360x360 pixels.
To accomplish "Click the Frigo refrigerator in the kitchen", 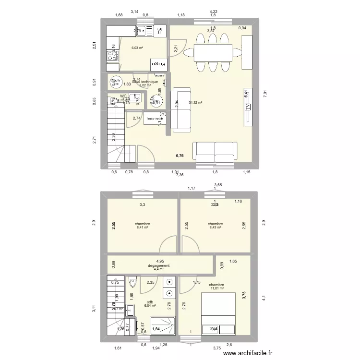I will pyautogui.click(x=158, y=63).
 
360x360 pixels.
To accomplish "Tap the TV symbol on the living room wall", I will pyautogui.click(x=248, y=108).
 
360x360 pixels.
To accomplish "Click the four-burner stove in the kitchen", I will pyautogui.click(x=113, y=55).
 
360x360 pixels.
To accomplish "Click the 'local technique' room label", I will pyautogui.click(x=145, y=82).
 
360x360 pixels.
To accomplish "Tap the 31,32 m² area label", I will pyautogui.click(x=195, y=103).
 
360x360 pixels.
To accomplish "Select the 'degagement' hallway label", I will pyautogui.click(x=159, y=265).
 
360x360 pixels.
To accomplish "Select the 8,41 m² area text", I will pyautogui.click(x=142, y=228).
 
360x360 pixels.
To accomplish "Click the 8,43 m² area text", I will pyautogui.click(x=215, y=228).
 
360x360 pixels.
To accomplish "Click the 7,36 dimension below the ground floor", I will pyautogui.click(x=180, y=175).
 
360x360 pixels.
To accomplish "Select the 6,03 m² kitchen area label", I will pyautogui.click(x=137, y=48).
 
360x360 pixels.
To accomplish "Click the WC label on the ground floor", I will pyautogui.click(x=124, y=96).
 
